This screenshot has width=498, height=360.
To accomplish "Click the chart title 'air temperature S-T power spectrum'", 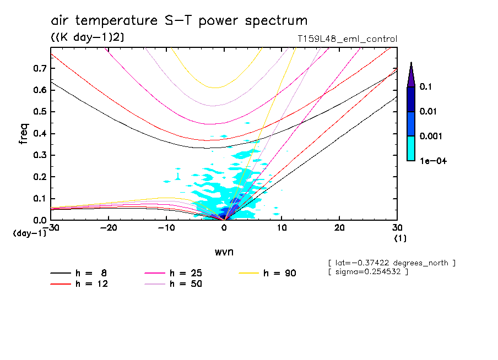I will point(179,21).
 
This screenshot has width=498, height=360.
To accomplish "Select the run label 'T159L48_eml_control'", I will point(347,39).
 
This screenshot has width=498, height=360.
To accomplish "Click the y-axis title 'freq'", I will point(23,134).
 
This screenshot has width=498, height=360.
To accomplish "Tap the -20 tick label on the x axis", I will point(110,228).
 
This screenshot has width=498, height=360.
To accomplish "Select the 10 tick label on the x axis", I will point(282,228).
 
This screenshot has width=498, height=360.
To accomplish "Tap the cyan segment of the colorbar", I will point(410,148).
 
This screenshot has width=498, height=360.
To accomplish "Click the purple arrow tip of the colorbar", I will point(410,75).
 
